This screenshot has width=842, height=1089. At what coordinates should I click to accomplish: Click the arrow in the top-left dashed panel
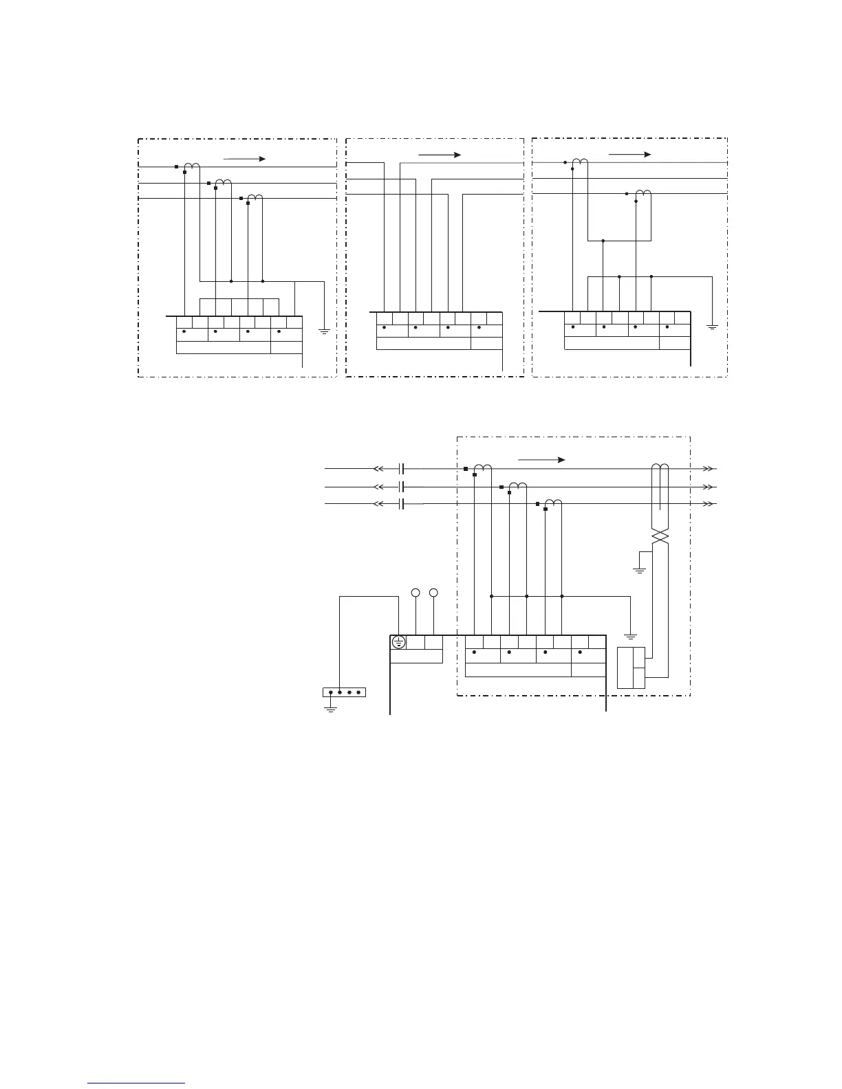[x=244, y=159]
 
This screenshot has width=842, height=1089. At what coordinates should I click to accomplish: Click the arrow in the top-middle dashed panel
[x=439, y=155]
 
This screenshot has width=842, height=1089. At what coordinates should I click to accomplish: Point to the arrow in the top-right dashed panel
[x=629, y=155]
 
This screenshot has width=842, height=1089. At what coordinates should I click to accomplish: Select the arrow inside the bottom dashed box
[x=541, y=459]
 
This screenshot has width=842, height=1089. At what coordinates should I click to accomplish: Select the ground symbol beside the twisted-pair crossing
[x=640, y=569]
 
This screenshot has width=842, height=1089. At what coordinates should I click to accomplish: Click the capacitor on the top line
[x=402, y=469]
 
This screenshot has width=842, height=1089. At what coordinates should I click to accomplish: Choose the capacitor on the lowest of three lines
[x=402, y=504]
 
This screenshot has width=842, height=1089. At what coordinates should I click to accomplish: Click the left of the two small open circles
[x=415, y=593]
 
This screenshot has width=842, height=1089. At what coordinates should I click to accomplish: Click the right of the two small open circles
[x=433, y=593]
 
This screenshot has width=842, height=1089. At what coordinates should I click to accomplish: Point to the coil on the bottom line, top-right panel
[x=644, y=193]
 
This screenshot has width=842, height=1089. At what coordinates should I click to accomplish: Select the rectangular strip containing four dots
[x=344, y=692]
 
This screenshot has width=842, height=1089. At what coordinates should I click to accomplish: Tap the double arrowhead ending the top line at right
[x=708, y=469]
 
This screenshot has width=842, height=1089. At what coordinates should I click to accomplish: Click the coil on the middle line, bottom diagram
[x=518, y=486]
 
